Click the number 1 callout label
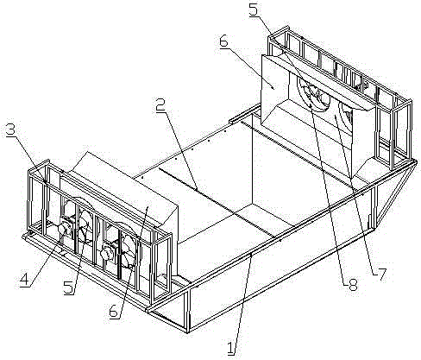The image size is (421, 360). [231, 347]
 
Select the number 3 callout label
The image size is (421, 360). [11, 130]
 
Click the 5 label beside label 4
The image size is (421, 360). [69, 287]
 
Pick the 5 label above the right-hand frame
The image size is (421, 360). [254, 10]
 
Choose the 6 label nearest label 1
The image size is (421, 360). [114, 311]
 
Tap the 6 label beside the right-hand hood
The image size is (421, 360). [223, 42]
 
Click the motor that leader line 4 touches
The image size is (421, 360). [64, 229]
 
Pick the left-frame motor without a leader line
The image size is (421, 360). [107, 253]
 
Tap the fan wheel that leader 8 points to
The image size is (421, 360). [314, 94]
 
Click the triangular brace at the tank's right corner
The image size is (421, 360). [396, 192]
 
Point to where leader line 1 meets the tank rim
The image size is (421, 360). [251, 255]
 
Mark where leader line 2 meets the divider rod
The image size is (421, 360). [196, 189]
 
